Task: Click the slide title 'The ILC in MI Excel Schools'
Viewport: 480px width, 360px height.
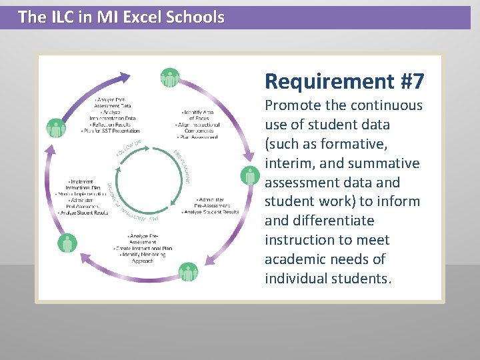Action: point(121,17)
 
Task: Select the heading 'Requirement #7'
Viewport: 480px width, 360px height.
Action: point(344,81)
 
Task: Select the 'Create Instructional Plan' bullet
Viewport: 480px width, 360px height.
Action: point(143,248)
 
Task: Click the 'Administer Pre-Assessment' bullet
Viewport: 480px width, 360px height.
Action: point(212,203)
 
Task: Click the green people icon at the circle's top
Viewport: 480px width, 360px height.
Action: point(170,78)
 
